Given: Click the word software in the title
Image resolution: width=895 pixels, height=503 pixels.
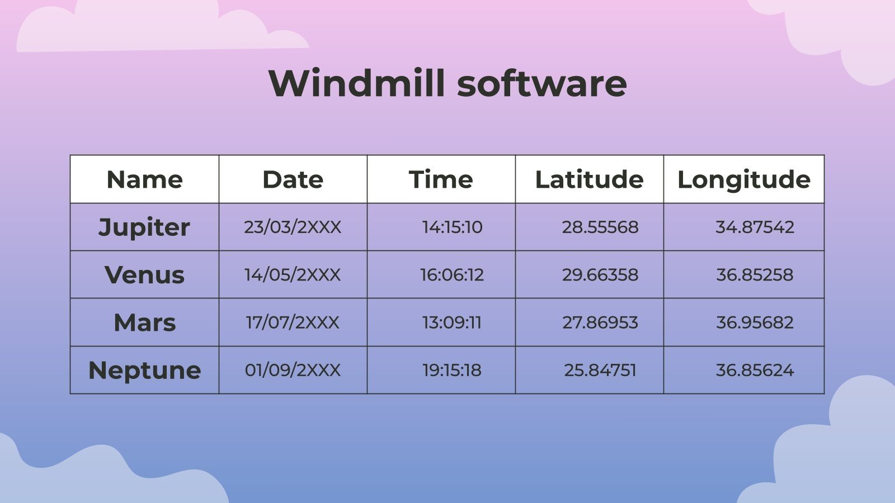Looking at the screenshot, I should tap(541, 83).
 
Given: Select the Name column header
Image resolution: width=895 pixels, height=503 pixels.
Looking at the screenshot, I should tap(144, 179).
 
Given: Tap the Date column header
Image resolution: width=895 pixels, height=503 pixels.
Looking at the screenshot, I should tap(293, 179).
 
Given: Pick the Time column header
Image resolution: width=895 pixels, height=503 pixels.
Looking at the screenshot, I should tap(441, 179).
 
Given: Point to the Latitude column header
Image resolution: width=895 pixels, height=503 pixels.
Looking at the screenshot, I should tap(589, 179).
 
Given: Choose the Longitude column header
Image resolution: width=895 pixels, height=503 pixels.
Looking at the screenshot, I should tap(743, 179).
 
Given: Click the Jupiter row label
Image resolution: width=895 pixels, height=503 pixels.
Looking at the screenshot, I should tap(144, 227).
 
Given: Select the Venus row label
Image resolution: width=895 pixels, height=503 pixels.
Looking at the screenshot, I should tap(144, 275).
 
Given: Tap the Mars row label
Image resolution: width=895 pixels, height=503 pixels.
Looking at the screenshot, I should tap(144, 322).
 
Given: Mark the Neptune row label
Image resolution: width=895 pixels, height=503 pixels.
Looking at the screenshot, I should tap(144, 371).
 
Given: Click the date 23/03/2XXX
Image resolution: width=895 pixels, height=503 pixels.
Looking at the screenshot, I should tap(293, 227).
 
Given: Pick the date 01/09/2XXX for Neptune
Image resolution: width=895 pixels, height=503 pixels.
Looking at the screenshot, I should tap(293, 370).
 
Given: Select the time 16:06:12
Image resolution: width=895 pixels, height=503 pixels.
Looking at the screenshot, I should tap(452, 274).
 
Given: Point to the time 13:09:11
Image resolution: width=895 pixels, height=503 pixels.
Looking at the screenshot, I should tap(452, 322).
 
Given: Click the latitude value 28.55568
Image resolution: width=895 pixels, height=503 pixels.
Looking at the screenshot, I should tap(600, 227).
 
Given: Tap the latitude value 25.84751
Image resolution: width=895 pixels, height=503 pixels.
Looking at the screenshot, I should tap(600, 370).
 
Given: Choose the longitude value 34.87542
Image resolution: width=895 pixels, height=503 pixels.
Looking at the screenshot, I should tap(755, 227).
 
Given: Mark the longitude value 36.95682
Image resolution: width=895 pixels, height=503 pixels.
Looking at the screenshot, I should tap(755, 322).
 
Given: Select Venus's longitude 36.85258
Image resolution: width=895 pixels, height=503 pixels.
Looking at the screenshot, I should tap(755, 274).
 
